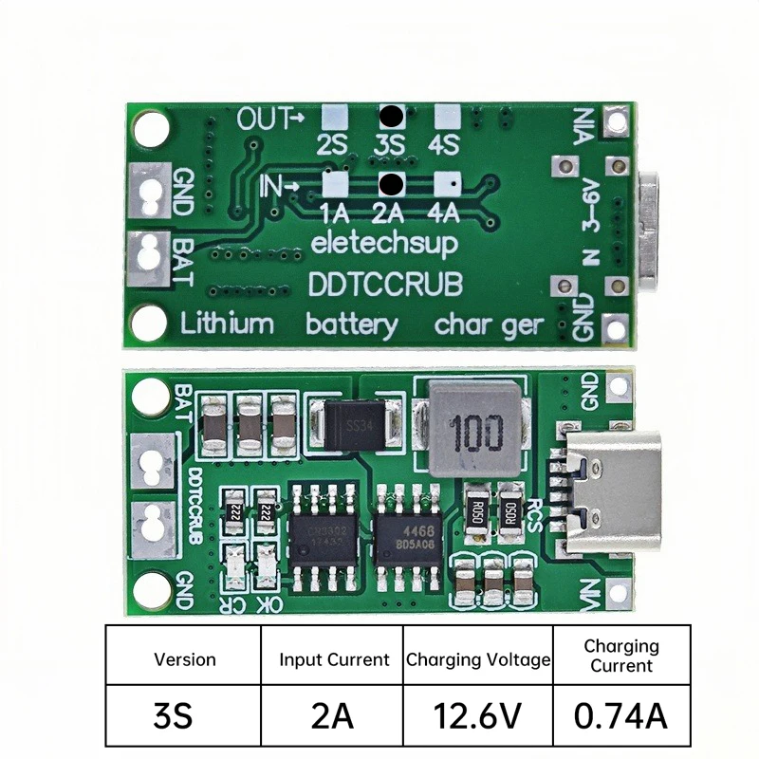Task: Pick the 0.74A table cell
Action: point(621,714)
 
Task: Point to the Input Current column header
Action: point(334,658)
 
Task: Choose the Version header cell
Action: point(184,658)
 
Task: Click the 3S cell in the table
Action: point(184,714)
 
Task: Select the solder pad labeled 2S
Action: point(332,117)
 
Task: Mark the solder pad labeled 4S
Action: point(445,117)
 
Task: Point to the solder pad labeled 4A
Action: point(447,182)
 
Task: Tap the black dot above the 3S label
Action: point(390,117)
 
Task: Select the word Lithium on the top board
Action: point(227,324)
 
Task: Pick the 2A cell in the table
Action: point(334,714)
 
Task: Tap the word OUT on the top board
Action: point(262,120)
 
